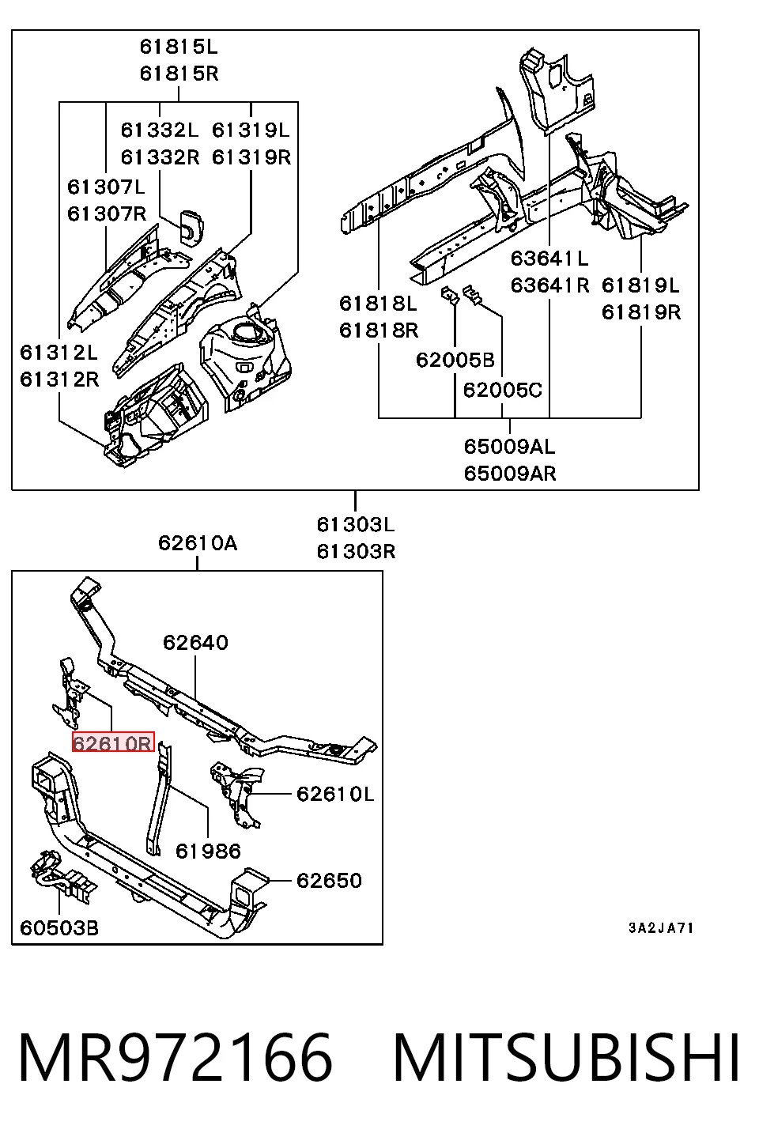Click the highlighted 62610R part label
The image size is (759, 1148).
(x=113, y=742)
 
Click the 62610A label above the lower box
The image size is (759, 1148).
(x=198, y=542)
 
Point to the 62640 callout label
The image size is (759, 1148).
(x=195, y=642)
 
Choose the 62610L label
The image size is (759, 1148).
(x=335, y=794)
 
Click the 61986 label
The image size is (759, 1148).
(x=208, y=852)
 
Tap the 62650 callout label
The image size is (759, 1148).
(x=329, y=881)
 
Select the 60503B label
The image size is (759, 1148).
(x=59, y=928)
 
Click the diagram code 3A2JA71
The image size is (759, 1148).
(x=661, y=927)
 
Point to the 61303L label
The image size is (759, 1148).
(x=356, y=525)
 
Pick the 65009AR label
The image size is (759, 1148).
(x=510, y=474)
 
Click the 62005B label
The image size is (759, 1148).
(x=455, y=361)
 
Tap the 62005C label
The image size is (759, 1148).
(x=502, y=391)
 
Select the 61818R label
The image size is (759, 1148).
(x=379, y=330)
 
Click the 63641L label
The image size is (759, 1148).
(x=549, y=259)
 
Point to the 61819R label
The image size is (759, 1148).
(x=641, y=312)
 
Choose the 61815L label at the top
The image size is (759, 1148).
(x=179, y=47)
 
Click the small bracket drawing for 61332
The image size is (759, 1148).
(x=191, y=225)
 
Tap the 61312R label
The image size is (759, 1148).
(x=59, y=380)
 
